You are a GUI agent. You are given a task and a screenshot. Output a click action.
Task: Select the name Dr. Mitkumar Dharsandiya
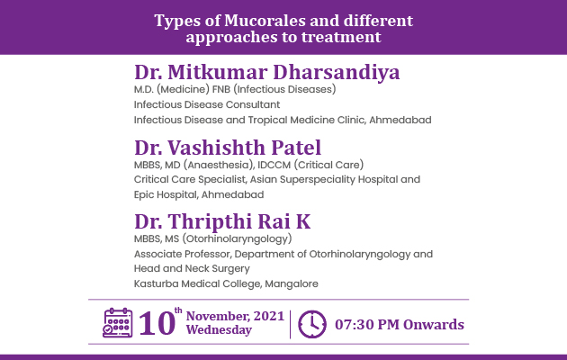coord(267,72)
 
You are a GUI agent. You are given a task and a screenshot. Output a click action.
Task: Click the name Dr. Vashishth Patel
coord(228,148)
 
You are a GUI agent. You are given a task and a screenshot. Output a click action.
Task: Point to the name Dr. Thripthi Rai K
coord(222,221)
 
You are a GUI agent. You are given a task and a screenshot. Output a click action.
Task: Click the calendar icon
coord(118,323)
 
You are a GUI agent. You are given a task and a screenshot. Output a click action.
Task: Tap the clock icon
coord(312,324)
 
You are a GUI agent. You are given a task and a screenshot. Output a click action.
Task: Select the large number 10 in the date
coord(157,323)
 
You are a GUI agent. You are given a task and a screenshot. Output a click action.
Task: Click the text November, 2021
coord(235,316)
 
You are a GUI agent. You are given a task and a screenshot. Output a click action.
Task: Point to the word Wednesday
coord(219,330)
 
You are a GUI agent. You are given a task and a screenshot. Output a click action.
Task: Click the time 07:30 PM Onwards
coord(400,325)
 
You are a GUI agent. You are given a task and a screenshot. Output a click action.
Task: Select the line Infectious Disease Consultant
coord(207,104)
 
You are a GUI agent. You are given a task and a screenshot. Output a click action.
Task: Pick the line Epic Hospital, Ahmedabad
coord(199,194)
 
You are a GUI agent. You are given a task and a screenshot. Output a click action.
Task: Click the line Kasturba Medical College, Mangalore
coord(226,283)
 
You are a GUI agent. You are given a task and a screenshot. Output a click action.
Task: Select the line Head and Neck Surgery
coord(192,268)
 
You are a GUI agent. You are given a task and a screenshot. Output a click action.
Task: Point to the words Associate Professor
coord(182,254)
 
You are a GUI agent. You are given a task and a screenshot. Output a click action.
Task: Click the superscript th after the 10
coord(178,310)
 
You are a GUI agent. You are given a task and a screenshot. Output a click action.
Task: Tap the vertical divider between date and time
coord(290,324)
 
